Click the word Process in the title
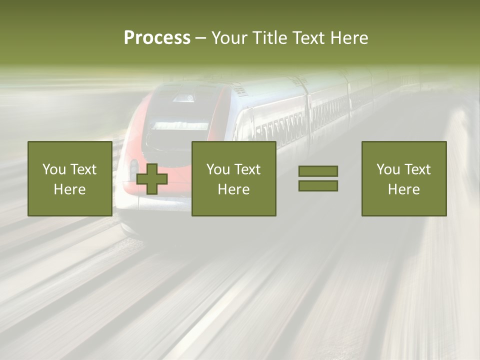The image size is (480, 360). (157, 38)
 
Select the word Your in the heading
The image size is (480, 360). (230, 38)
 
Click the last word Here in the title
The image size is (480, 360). (349, 38)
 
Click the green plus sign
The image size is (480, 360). (152, 179)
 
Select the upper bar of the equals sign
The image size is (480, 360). (318, 171)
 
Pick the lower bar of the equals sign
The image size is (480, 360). (318, 186)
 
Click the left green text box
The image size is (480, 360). (69, 178)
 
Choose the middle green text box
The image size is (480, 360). (233, 178)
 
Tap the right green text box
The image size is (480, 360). (403, 178)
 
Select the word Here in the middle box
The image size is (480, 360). (233, 189)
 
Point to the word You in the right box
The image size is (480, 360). (388, 169)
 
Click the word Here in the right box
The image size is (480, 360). (403, 189)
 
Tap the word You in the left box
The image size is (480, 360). (54, 169)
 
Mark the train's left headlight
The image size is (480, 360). (134, 167)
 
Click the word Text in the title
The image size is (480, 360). (307, 38)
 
